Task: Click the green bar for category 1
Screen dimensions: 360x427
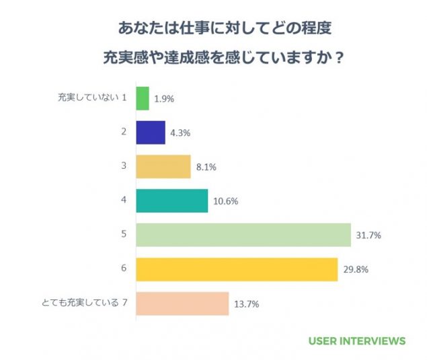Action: click(x=142, y=98)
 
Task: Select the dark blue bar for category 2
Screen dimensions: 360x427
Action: click(x=151, y=133)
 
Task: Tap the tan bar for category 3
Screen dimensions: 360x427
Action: click(x=163, y=167)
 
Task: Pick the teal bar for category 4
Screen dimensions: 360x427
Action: click(x=172, y=201)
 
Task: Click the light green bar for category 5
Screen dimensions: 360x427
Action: click(x=243, y=235)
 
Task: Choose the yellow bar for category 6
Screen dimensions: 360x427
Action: click(x=237, y=269)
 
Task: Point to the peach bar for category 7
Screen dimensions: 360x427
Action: click(x=182, y=303)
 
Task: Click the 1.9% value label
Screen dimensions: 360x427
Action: click(x=164, y=98)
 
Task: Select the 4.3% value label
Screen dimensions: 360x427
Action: click(x=180, y=133)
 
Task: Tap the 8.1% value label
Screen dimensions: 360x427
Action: click(x=206, y=167)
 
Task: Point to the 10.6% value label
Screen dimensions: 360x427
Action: click(x=225, y=201)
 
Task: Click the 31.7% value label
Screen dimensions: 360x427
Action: click(x=368, y=235)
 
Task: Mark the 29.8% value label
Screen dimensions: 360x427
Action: click(x=355, y=269)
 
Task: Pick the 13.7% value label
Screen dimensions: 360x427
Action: click(x=247, y=303)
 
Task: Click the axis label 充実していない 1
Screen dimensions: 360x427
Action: click(x=92, y=98)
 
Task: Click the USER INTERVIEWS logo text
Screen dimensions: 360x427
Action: click(x=357, y=340)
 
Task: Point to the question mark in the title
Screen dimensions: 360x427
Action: click(x=340, y=57)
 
